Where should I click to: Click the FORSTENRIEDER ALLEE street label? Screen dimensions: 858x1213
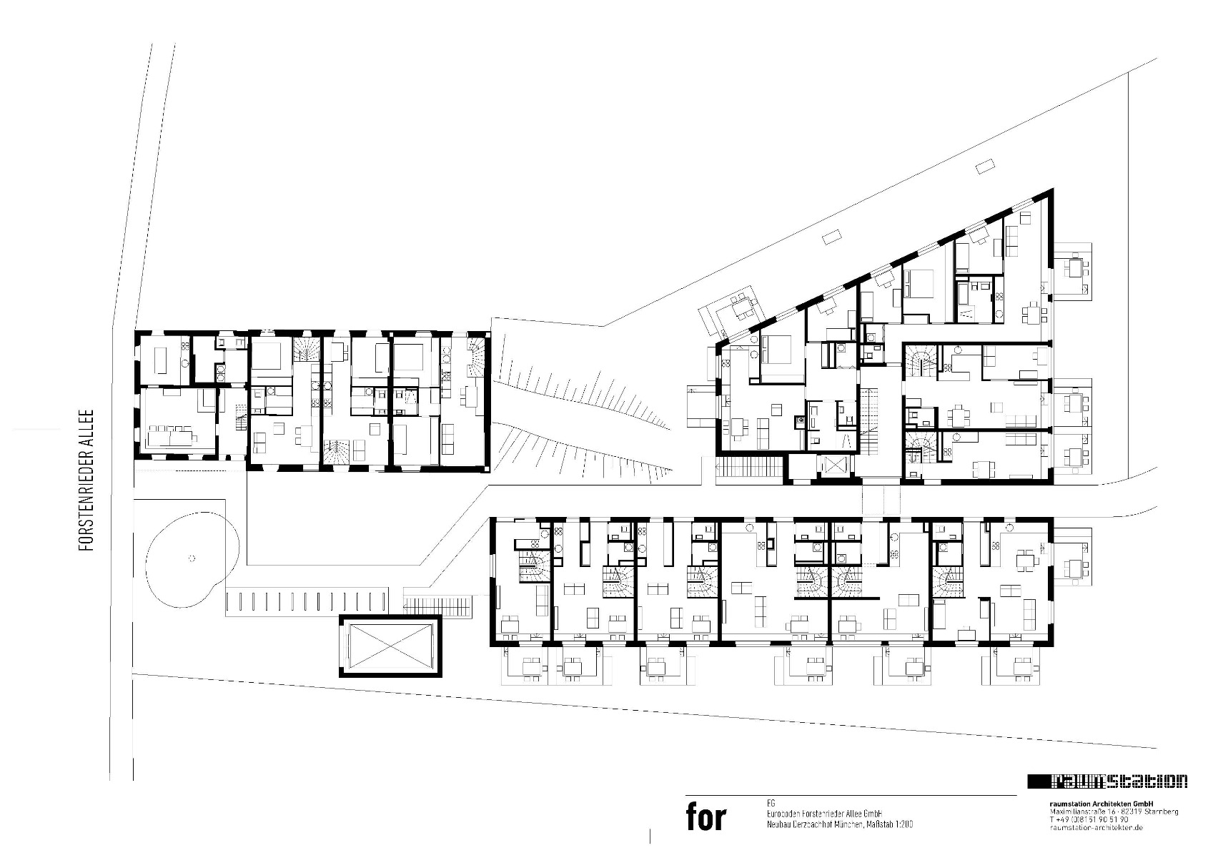point(86,480)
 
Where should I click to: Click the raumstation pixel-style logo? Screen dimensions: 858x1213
point(1107,781)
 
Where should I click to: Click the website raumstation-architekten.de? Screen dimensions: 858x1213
point(1096,827)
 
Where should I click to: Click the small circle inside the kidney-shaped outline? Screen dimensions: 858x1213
point(191,557)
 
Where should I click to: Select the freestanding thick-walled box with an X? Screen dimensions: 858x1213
point(390,646)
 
